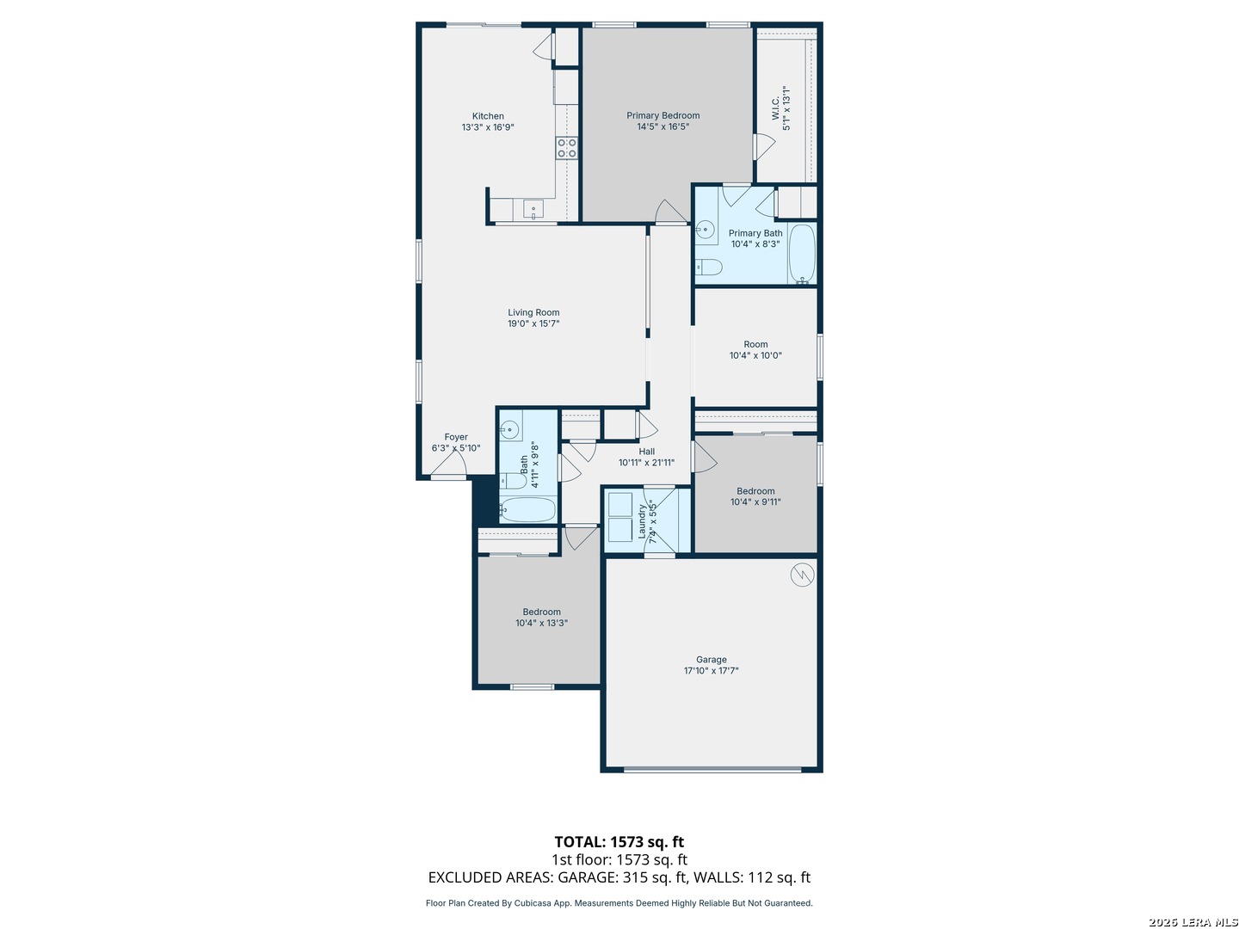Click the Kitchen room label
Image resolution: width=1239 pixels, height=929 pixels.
[488, 121]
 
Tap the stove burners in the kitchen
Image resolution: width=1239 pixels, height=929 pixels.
[567, 148]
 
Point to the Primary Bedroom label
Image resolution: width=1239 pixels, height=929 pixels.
[663, 120]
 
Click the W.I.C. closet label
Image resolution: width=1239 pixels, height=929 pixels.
[780, 108]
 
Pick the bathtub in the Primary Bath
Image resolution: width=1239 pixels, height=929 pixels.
[802, 253]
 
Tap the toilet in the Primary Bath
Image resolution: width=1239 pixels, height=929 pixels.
[708, 267]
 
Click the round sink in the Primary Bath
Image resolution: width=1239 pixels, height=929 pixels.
[705, 229]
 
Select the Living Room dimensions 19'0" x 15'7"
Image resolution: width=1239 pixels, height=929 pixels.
[533, 323]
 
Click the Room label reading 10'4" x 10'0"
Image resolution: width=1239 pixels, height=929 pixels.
[755, 350]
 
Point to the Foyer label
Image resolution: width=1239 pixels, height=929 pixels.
[455, 442]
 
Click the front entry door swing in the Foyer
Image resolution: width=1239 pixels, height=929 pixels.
[449, 464]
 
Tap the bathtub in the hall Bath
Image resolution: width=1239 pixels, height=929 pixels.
[527, 509]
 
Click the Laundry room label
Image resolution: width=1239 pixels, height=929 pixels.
[647, 521]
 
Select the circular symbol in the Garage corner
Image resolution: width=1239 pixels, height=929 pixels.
[802, 575]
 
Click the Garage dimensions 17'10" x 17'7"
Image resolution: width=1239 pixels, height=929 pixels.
[711, 670]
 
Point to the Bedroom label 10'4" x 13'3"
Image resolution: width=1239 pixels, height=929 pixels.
[540, 617]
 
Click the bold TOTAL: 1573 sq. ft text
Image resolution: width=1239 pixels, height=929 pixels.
[619, 841]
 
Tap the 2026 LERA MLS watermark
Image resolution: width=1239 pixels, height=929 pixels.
[1193, 922]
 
